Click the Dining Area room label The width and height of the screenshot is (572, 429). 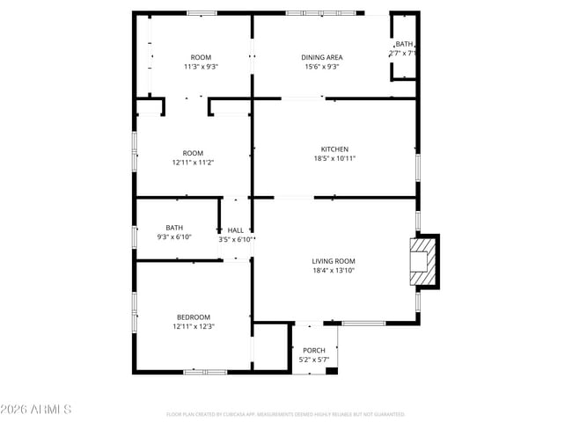tap(323, 57)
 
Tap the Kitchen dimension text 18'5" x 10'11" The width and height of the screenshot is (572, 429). tap(334, 159)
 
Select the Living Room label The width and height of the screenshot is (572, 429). tap(334, 261)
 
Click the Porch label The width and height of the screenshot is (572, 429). tap(314, 350)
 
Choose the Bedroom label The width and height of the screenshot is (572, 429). tap(194, 316)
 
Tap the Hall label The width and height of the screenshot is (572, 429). tap(236, 229)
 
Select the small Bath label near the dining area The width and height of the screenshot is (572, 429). tap(404, 44)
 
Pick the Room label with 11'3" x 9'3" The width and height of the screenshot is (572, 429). tap(201, 56)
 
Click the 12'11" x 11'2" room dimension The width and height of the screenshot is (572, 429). tap(194, 163)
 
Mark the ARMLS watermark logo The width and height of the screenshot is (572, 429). tap(36, 410)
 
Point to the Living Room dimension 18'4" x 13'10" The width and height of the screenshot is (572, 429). tap(334, 271)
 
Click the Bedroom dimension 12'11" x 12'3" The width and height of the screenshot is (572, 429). tap(194, 326)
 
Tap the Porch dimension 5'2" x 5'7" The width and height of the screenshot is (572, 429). tap(314, 360)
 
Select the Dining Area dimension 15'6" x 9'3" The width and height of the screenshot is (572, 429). tap(323, 67)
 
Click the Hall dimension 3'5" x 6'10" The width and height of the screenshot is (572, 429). tap(236, 239)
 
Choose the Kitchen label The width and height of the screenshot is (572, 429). tap(334, 149)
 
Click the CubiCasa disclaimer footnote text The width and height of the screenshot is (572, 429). tap(285, 413)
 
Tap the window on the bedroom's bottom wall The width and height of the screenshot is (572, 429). tap(204, 372)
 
